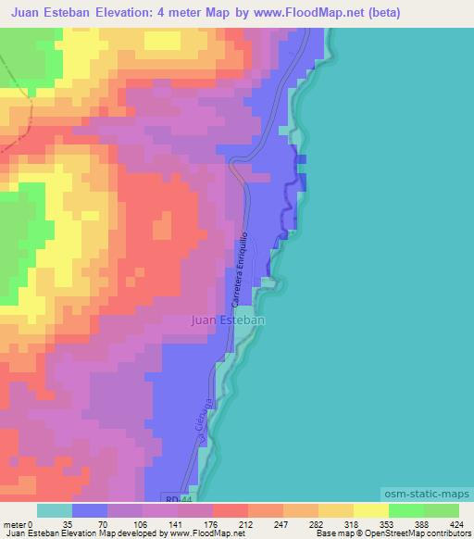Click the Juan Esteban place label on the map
click(228, 320)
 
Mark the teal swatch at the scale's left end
click(55, 510)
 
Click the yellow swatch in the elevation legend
click(370, 510)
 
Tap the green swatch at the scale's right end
click(441, 510)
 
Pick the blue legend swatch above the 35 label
click(90, 510)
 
